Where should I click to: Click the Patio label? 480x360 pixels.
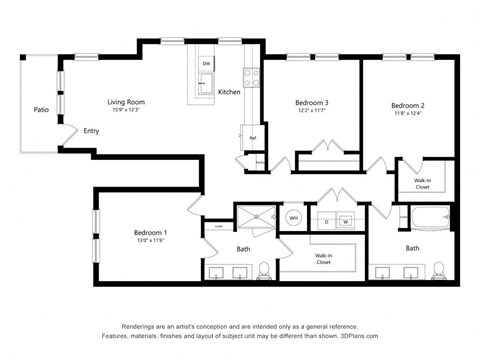(41, 110)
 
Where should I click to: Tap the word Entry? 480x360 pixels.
(91, 130)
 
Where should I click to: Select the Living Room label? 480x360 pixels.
(128, 101)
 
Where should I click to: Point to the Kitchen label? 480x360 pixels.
(229, 92)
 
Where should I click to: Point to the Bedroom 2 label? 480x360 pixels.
(408, 106)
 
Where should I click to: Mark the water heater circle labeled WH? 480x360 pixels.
(293, 217)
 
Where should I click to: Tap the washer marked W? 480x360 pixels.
(346, 220)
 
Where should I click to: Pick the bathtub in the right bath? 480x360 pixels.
(423, 217)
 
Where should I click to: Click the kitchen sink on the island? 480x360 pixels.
(204, 89)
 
